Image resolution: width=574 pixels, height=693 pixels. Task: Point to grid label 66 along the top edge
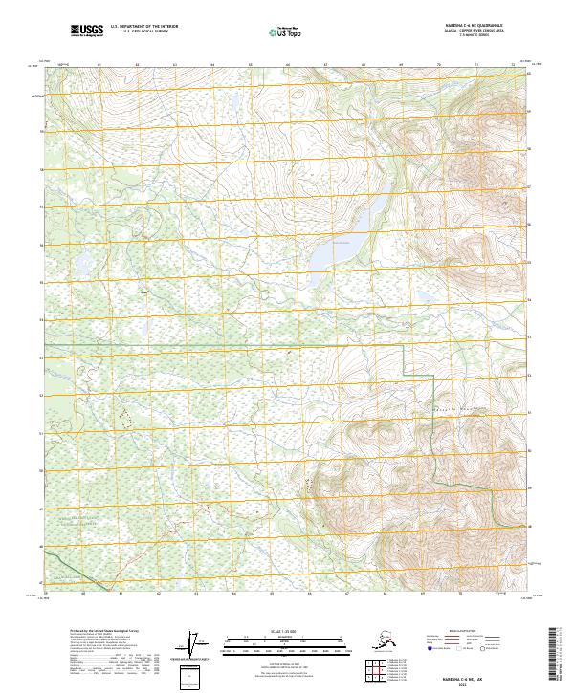point(288,66)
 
